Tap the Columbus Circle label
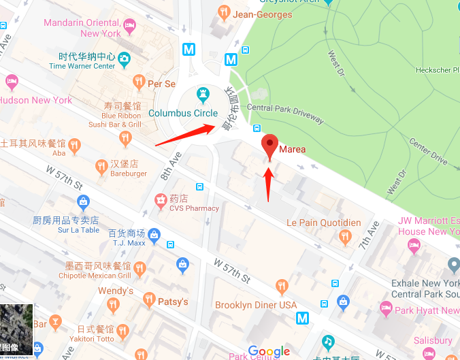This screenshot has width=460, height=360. (x=183, y=114)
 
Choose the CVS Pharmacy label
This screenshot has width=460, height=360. (x=194, y=208)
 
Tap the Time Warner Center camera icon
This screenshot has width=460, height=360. (x=124, y=61)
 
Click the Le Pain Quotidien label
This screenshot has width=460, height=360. (x=323, y=223)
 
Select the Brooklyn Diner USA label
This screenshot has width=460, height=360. (x=256, y=305)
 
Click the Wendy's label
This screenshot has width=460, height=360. (x=116, y=291)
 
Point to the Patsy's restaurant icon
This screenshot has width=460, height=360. (x=149, y=300)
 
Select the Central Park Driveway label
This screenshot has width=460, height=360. (x=285, y=112)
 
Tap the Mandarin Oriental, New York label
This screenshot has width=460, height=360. (x=82, y=28)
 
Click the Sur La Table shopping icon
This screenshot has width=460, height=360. (x=83, y=201)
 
